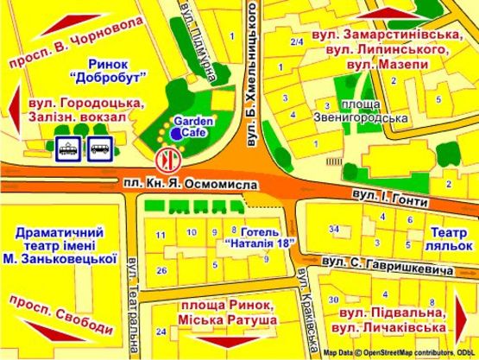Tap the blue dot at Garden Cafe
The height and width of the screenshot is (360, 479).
(176, 135)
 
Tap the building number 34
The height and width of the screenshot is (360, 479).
(334, 229)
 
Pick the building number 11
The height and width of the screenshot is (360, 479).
(160, 235)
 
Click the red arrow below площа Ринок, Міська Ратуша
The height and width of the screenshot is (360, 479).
(229, 349)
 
